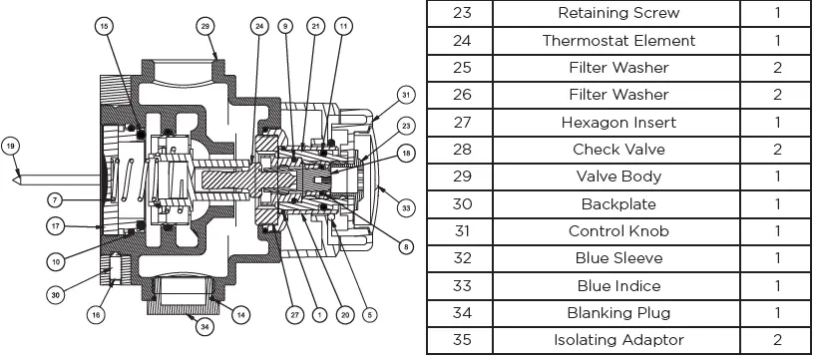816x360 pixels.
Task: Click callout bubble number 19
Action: (10, 147)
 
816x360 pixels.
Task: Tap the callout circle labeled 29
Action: (205, 26)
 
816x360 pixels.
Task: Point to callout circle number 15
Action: (105, 26)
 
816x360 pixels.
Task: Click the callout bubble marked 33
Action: (406, 208)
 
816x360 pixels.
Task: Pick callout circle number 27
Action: (294, 314)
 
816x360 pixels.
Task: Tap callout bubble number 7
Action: (55, 199)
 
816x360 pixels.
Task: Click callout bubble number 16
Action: (97, 314)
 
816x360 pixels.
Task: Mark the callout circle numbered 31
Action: (406, 95)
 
